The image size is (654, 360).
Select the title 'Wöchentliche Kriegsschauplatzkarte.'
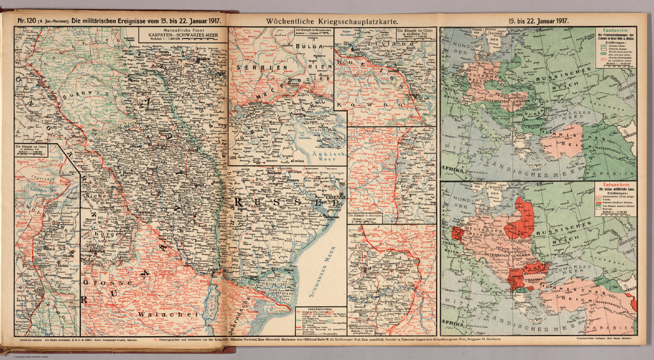click(332, 20)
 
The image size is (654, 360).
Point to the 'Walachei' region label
click(167, 314)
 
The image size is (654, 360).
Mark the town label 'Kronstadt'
click(98, 252)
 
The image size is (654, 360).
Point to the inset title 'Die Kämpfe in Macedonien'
click(313, 30)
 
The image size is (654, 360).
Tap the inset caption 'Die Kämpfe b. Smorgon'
click(364, 216)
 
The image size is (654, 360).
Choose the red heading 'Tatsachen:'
click(611, 185)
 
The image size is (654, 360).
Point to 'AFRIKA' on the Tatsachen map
click(453, 324)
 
